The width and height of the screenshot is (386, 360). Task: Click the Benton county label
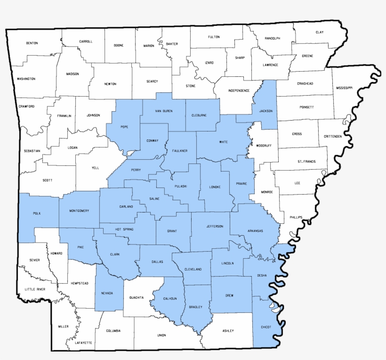pyautogui.click(x=32, y=43)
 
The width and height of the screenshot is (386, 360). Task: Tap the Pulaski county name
pyautogui.click(x=180, y=186)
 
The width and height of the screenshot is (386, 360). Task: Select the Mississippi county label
pyautogui.click(x=344, y=88)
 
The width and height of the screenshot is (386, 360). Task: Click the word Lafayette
pyautogui.click(x=83, y=343)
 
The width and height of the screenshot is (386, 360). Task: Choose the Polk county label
pyautogui.click(x=37, y=213)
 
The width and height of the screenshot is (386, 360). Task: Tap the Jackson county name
pyautogui.click(x=265, y=111)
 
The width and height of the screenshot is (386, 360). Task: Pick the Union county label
pyautogui.click(x=161, y=335)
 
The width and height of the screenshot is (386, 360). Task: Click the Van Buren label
pyautogui.click(x=164, y=111)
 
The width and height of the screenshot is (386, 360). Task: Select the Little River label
pyautogui.click(x=35, y=289)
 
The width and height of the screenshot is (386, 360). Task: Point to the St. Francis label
pyautogui.click(x=306, y=162)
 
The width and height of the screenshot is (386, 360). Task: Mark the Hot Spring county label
pyautogui.click(x=124, y=229)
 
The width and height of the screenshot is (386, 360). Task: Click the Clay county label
pyautogui.click(x=320, y=32)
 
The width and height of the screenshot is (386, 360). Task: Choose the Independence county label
pyautogui.click(x=239, y=90)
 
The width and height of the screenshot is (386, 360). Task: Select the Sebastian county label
pyautogui.click(x=32, y=151)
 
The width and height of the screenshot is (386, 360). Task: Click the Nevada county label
pyautogui.click(x=107, y=293)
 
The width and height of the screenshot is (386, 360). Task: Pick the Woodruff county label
pyautogui.click(x=264, y=145)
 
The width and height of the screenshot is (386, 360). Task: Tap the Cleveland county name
pyautogui.click(x=193, y=269)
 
